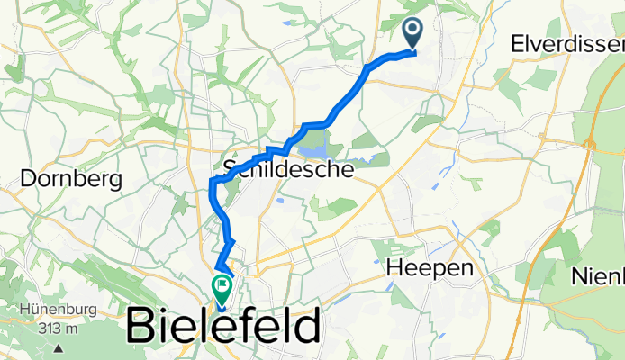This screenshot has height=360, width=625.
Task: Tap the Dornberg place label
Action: pyautogui.click(x=70, y=179)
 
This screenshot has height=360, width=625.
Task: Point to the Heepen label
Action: pyautogui.click(x=430, y=267)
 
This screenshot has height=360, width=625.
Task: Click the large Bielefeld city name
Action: pyautogui.click(x=223, y=325)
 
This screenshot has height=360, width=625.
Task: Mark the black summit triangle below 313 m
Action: pyautogui.click(x=58, y=346)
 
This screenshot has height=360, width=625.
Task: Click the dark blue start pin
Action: pyautogui.click(x=413, y=34)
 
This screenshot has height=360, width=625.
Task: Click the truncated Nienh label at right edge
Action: pyautogui.click(x=598, y=277)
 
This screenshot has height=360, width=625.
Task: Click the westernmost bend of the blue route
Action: pyautogui.click(x=212, y=185)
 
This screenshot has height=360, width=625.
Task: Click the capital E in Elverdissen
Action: pyautogui.click(x=516, y=42)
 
